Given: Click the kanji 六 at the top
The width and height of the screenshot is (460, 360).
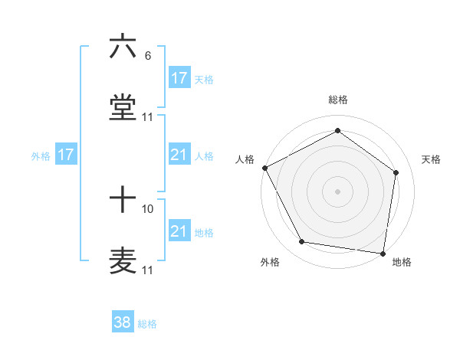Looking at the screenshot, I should click(123, 47).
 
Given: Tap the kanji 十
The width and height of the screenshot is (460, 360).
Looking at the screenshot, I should click(123, 200).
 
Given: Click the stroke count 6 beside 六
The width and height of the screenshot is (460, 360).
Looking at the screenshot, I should click(147, 56).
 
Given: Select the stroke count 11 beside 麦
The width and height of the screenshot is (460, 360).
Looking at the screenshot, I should click(148, 270).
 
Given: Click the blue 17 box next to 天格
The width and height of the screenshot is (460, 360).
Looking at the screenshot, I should click(179, 77).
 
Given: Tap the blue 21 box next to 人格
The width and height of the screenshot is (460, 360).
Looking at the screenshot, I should click(179, 155).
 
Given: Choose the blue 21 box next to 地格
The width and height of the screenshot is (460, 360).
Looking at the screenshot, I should click(179, 231).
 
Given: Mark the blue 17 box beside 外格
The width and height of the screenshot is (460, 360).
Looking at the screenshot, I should click(66, 155).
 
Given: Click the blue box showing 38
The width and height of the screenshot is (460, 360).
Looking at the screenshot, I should click(123, 323).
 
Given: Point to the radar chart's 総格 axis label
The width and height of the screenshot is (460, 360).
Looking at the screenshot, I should click(338, 100).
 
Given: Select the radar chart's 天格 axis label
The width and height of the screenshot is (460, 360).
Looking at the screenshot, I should click(432, 159).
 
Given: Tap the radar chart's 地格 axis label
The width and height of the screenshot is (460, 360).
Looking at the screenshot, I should click(402, 263).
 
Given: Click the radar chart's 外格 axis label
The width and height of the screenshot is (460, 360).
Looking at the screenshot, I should click(270, 263).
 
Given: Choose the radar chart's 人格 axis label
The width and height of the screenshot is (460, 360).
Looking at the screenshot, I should click(245, 159).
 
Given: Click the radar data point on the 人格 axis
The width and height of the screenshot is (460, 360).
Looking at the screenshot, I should click(264, 168).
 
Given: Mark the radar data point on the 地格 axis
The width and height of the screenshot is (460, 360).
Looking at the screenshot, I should click(383, 253).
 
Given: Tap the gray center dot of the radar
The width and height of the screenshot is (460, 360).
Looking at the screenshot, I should click(338, 191).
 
